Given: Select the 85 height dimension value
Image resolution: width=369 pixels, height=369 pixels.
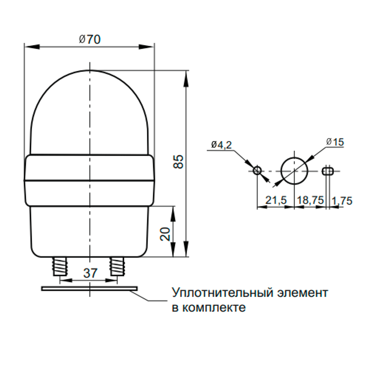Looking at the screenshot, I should [x=178, y=162].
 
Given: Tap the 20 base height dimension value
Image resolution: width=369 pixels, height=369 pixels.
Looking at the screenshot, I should [x=165, y=234].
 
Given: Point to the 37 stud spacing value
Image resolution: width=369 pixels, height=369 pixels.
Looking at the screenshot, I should [x=90, y=273].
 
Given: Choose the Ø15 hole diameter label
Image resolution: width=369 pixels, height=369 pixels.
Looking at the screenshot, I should [x=335, y=142].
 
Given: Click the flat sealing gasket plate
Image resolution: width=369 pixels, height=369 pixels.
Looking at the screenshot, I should [x=89, y=288].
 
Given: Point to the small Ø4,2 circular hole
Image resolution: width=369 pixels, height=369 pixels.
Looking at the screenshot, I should [x=257, y=170].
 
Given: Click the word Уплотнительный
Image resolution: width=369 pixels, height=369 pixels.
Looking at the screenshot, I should [x=222, y=293].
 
